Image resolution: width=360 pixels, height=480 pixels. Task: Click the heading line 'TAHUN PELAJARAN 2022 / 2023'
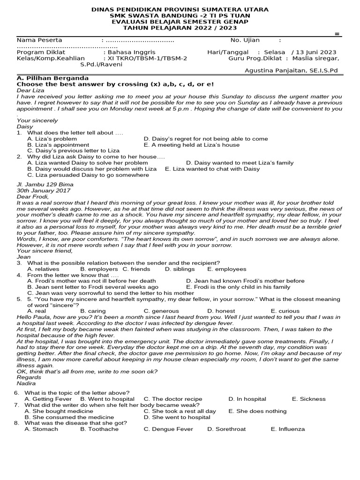tap(180, 28)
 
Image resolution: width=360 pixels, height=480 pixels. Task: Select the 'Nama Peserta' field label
tap(39, 40)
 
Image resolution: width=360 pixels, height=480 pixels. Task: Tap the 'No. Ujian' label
tap(245, 40)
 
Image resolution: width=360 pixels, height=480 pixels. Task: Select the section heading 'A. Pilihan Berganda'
tap(52, 78)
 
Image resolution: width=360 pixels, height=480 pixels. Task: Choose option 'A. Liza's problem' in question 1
tap(52, 139)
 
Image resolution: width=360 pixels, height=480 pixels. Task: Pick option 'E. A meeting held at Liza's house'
tap(191, 145)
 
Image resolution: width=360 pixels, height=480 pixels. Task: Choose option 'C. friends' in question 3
tap(136, 269)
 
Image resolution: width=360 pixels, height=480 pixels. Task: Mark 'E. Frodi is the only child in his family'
tap(238, 287)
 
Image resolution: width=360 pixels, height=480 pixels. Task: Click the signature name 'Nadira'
tap(26, 383)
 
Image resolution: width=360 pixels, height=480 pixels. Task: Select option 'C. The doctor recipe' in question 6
tap(173, 399)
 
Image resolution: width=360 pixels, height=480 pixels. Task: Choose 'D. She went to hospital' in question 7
tap(177, 417)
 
